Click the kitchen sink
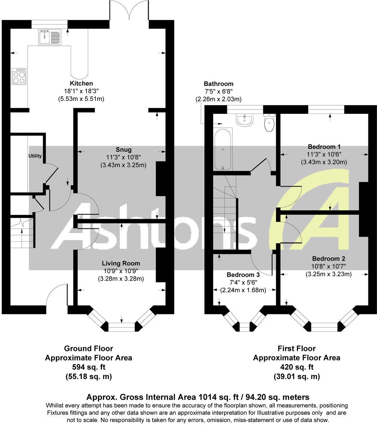point(49,37)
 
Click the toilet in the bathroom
point(269,122)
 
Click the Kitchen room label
point(81,83)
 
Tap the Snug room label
point(123,149)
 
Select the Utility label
point(35,156)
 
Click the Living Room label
point(121,263)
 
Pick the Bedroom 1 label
point(324,147)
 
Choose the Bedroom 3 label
point(243,275)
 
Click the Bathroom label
point(218,84)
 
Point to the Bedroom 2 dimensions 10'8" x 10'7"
point(328,266)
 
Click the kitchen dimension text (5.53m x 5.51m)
point(81,99)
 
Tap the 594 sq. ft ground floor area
point(88,367)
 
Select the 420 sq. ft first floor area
point(296,367)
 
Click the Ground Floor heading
point(88,349)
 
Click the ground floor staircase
point(22,232)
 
